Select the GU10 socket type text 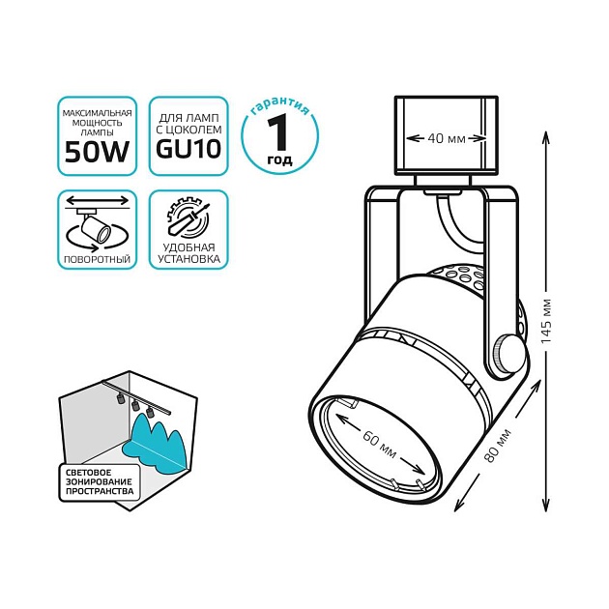click(x=188, y=150)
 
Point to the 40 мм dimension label click(x=447, y=139)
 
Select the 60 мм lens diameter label click(x=380, y=446)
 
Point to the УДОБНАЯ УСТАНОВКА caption click(x=188, y=254)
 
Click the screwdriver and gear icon click(x=188, y=219)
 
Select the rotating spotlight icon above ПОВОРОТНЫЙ click(x=95, y=225)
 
